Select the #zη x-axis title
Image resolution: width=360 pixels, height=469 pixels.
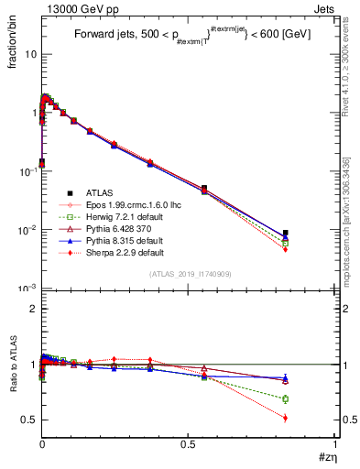324,455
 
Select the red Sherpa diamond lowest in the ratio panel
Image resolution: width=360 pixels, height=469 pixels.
286,418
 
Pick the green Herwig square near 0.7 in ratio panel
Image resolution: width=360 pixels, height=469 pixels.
286,398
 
